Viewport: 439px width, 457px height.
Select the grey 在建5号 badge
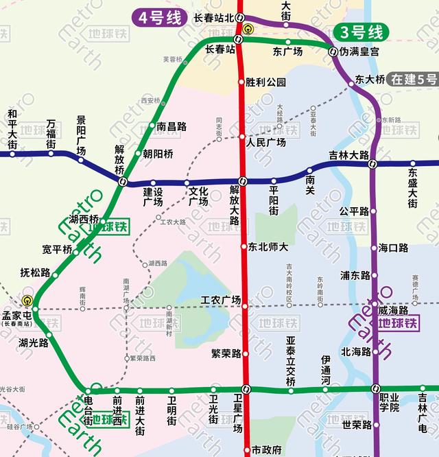click(x=412, y=79)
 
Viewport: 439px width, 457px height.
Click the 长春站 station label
click(x=220, y=49)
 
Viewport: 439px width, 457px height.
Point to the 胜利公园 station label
click(x=266, y=82)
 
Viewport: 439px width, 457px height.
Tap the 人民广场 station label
click(x=266, y=142)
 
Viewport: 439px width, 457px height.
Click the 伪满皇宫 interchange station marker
click(x=332, y=51)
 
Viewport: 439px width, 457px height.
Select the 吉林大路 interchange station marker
click(x=373, y=164)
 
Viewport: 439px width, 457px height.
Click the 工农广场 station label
click(x=220, y=301)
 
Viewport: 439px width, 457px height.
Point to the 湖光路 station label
click(x=33, y=342)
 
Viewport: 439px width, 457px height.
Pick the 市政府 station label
click(x=267, y=450)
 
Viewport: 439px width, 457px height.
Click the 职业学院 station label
click(x=390, y=401)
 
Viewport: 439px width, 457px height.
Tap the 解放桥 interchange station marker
click(x=123, y=182)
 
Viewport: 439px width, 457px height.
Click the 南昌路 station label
click(x=171, y=126)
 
